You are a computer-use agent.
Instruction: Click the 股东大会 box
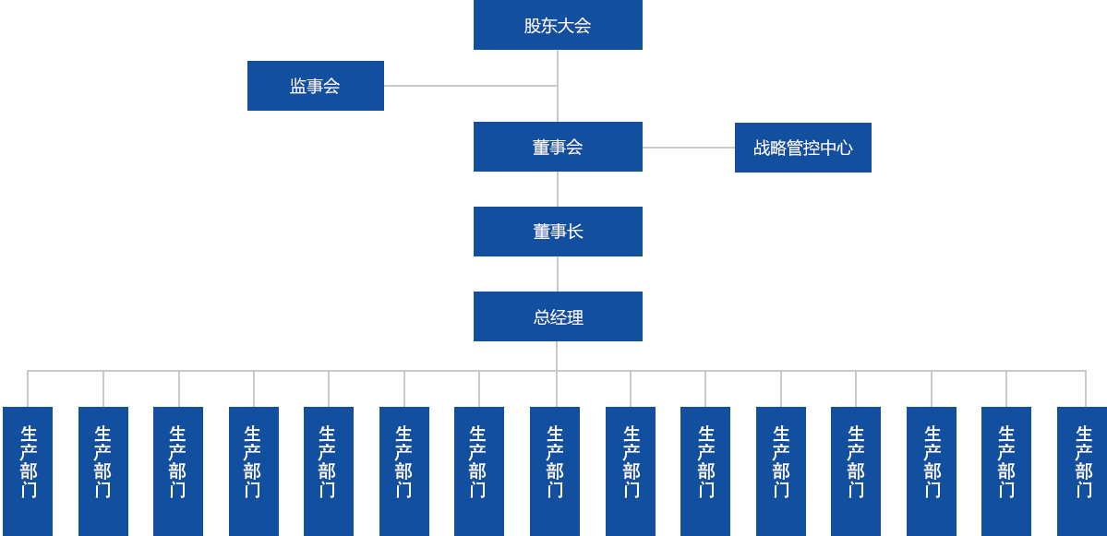pyautogui.click(x=558, y=25)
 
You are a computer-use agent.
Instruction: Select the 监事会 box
pyautogui.click(x=315, y=85)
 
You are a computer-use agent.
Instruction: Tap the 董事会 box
pyautogui.click(x=558, y=146)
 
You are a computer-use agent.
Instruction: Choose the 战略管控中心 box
pyautogui.click(x=802, y=147)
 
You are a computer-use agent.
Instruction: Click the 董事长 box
pyautogui.click(x=558, y=231)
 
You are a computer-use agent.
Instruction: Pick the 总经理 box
pyautogui.click(x=558, y=316)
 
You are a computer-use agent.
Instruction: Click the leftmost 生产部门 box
pyautogui.click(x=28, y=470)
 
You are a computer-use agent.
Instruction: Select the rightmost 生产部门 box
pyautogui.click(x=1081, y=470)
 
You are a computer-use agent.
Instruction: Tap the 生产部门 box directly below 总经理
pyautogui.click(x=554, y=470)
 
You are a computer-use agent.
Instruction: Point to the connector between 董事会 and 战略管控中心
pyautogui.click(x=688, y=147)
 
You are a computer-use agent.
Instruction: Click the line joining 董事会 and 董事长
pyautogui.click(x=558, y=188)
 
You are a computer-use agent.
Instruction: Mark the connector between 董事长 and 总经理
pyautogui.click(x=558, y=273)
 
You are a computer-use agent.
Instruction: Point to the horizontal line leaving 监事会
pyautogui.click(x=470, y=85)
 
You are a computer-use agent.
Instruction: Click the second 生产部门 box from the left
pyautogui.click(x=102, y=470)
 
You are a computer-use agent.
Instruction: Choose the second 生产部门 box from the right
pyautogui.click(x=1005, y=470)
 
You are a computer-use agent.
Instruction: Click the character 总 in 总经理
pyautogui.click(x=542, y=317)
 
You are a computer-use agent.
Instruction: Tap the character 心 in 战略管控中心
pyautogui.click(x=843, y=148)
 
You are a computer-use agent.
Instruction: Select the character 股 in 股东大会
pyautogui.click(x=533, y=26)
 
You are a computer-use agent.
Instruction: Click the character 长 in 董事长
pyautogui.click(x=574, y=232)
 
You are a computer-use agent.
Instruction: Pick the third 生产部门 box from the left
pyautogui.click(x=177, y=470)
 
